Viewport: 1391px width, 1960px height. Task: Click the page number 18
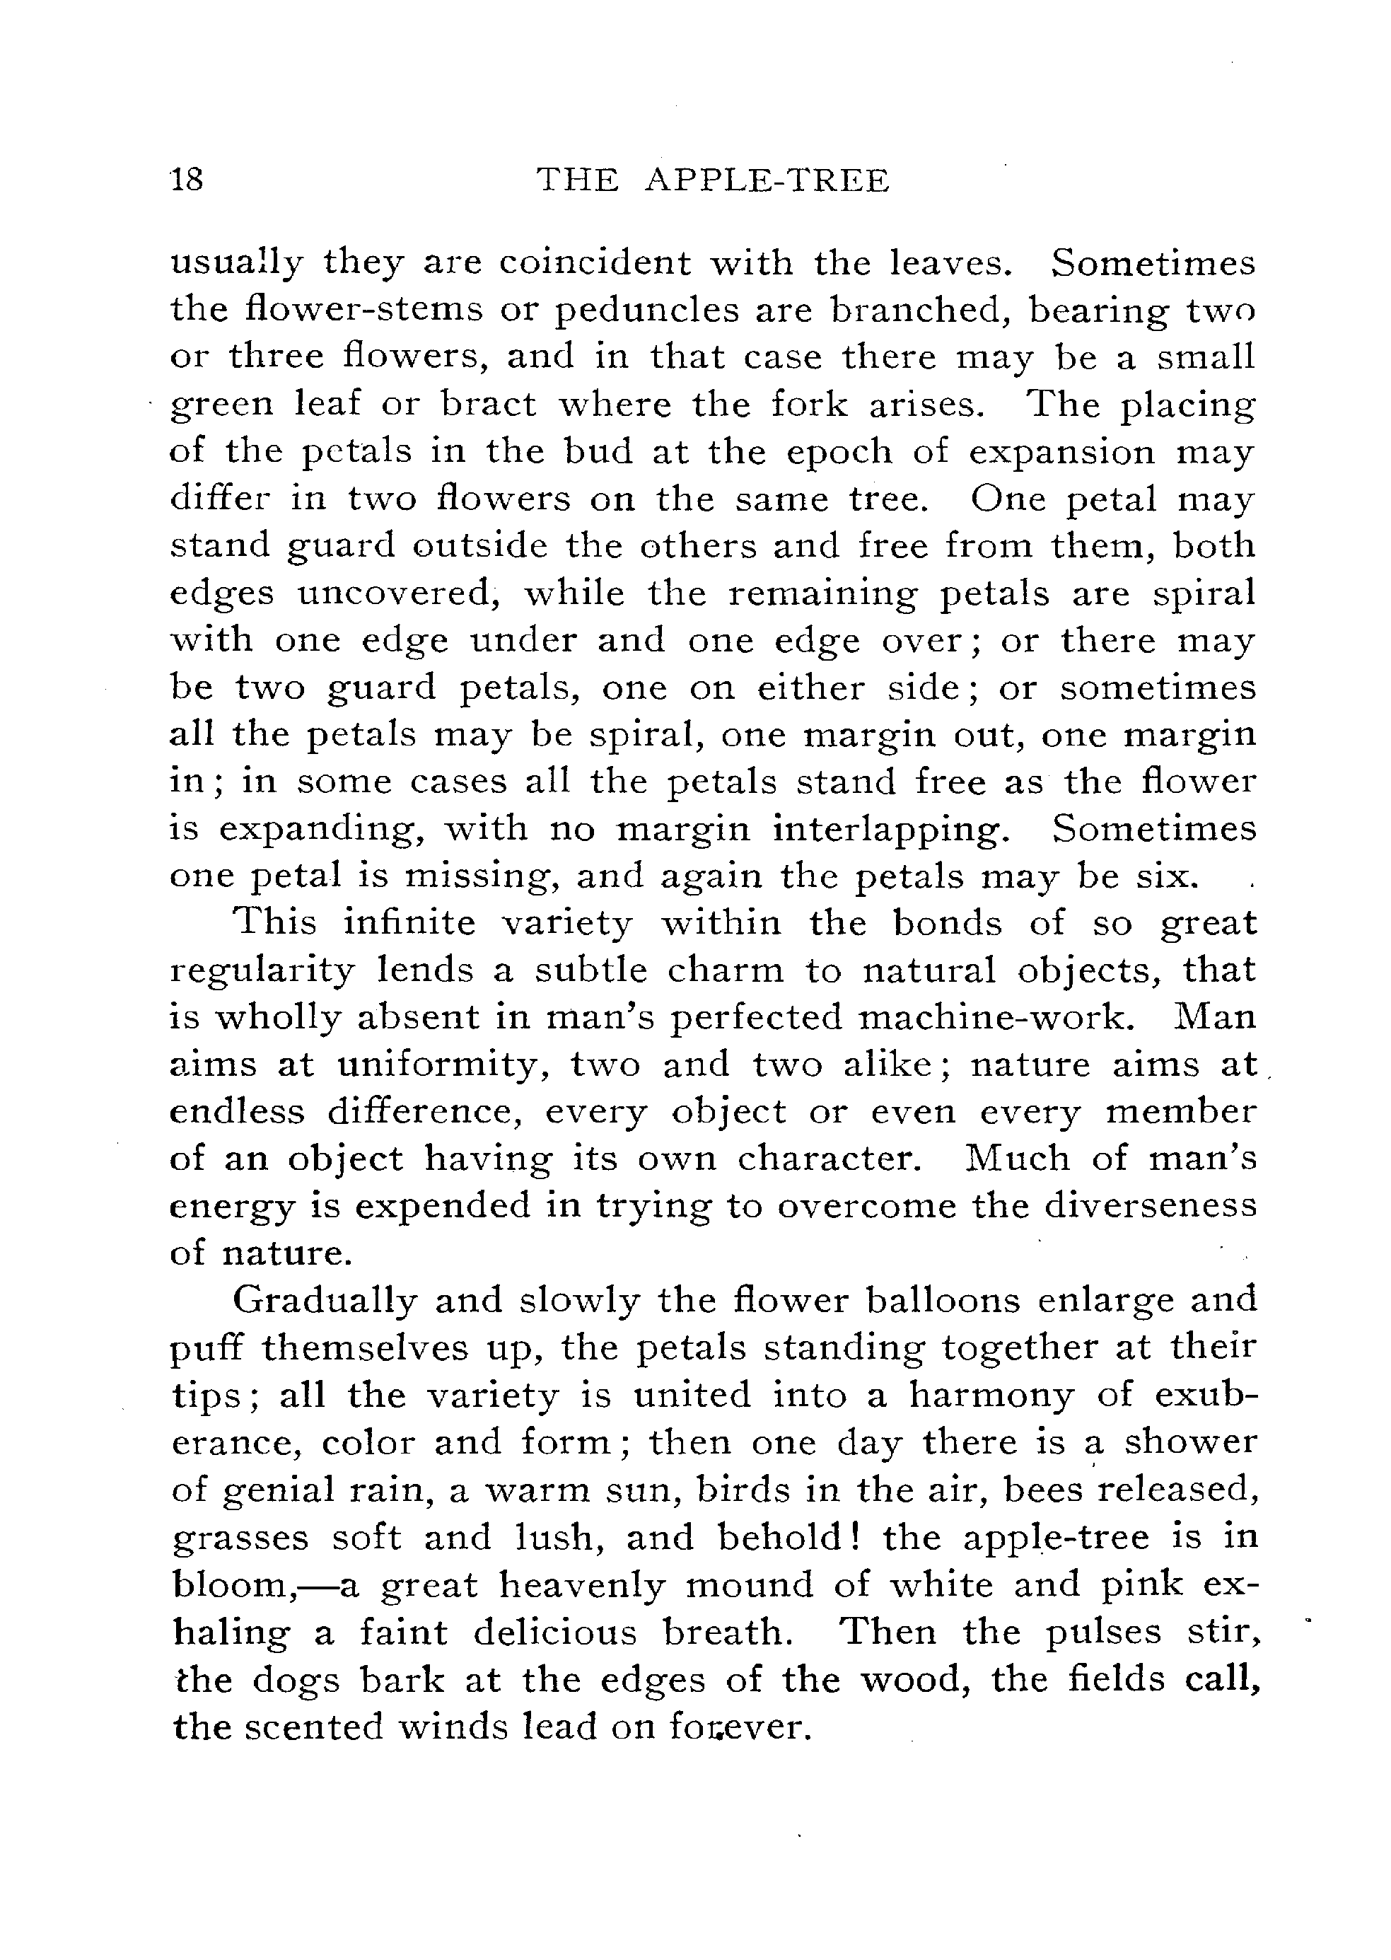187,180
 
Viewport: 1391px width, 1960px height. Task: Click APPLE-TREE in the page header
767,180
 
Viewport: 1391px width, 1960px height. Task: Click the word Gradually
325,1300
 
